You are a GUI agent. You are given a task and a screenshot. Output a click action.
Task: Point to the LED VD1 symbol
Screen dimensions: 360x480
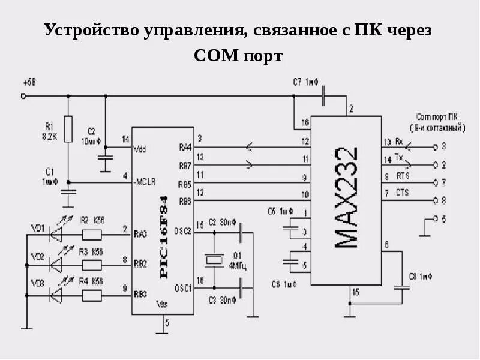click(56, 233)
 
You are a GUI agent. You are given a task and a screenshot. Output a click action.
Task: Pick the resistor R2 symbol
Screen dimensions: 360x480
click(91, 233)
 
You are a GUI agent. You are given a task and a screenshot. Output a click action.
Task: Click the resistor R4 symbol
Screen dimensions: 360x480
click(91, 295)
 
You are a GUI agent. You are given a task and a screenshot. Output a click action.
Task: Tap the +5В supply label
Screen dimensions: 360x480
click(28, 82)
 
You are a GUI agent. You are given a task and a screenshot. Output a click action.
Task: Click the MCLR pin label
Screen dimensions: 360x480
click(145, 180)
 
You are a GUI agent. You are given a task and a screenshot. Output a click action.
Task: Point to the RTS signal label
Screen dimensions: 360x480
click(402, 177)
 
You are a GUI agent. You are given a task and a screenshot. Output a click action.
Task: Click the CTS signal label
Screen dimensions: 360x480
click(402, 192)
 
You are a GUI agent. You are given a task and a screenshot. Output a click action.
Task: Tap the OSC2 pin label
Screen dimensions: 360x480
click(182, 230)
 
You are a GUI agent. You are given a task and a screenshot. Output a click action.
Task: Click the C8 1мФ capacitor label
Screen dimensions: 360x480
click(421, 277)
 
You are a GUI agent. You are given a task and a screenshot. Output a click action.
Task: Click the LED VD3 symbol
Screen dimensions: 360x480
click(56, 295)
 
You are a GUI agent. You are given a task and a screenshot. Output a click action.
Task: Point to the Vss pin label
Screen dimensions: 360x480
click(161, 302)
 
